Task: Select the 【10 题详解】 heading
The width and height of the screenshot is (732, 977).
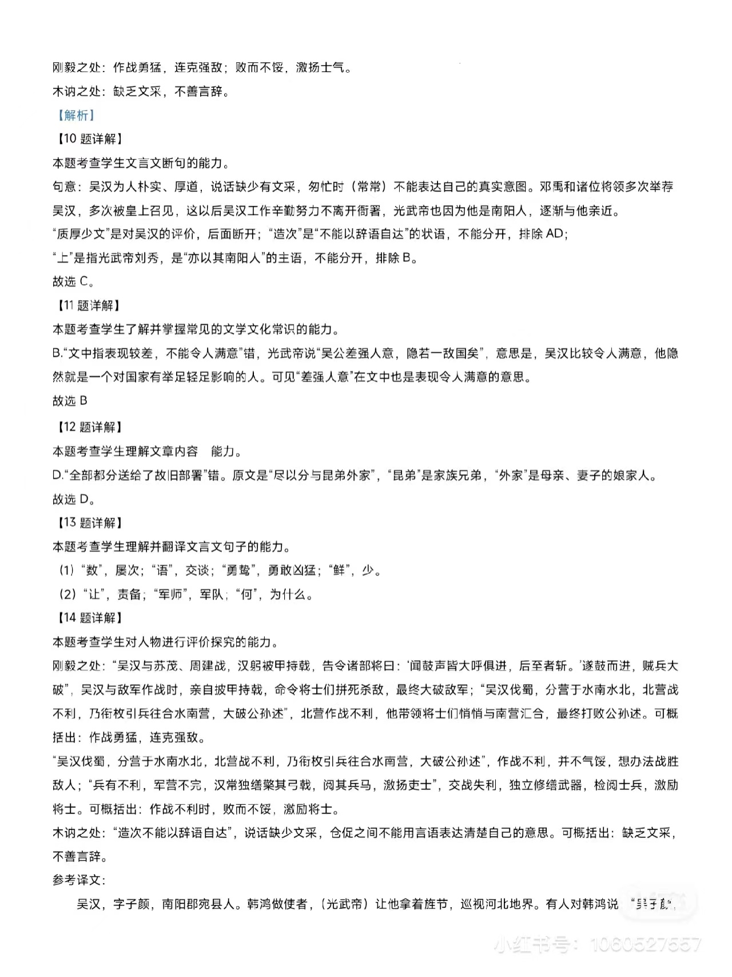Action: [x=86, y=139]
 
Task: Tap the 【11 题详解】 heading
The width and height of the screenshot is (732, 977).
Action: [x=86, y=305]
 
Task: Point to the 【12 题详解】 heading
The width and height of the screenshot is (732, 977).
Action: [x=86, y=427]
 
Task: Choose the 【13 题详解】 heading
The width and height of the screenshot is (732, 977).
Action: [x=86, y=522]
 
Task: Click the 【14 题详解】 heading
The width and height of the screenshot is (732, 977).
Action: [x=86, y=618]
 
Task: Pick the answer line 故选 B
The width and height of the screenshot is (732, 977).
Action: [x=70, y=401]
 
